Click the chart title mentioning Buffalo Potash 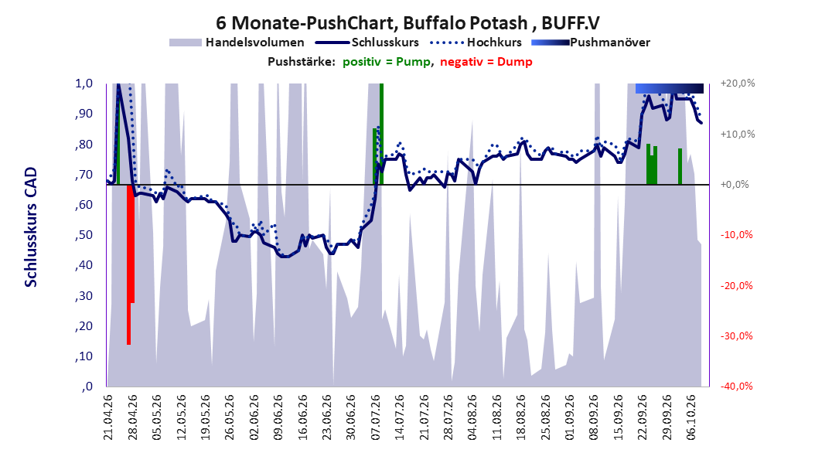coord(407,23)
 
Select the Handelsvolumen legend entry coord(237,43)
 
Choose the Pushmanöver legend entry coord(591,43)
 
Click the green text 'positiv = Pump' coord(387,62)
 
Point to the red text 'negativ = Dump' coord(486,62)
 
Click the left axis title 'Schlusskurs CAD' coord(31,227)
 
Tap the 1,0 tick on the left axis coord(84,83)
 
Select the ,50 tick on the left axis coord(84,235)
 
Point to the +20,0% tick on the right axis coord(738,83)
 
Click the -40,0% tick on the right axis coord(736,386)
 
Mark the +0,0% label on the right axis coord(735,185)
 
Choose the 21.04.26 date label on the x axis coord(108,417)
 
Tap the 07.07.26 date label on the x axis coord(375,417)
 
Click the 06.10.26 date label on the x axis coord(691,417)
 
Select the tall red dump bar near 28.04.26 coord(129,264)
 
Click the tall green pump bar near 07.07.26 coord(381,134)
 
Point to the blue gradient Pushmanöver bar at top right coord(670,88)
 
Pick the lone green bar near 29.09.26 coord(680,166)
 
